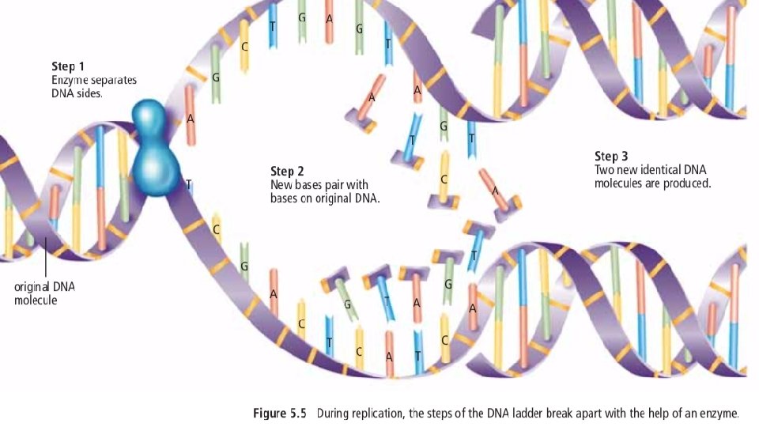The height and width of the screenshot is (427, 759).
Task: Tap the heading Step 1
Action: (68, 66)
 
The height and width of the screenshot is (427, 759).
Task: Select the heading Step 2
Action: (288, 171)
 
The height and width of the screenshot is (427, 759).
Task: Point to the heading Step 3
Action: (612, 156)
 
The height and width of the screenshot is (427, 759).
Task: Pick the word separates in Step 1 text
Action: (118, 80)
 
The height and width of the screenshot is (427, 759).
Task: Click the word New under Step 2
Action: (281, 185)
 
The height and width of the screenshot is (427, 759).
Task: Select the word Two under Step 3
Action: (604, 169)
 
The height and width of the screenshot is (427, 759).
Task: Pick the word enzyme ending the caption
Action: (719, 413)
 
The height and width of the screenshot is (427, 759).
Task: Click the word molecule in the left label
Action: (36, 300)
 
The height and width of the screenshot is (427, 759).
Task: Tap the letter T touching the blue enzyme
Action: (188, 184)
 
